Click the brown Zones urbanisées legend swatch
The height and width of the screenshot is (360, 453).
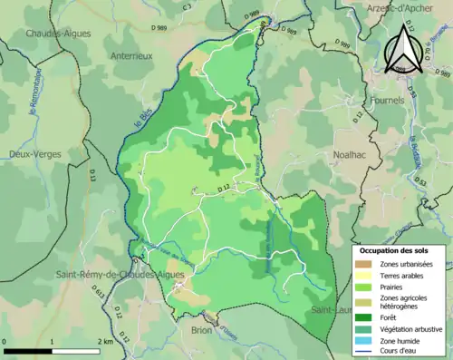(x=368, y=263)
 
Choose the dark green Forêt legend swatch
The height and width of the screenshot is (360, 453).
(x=368, y=317)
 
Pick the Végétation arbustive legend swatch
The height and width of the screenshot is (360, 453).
(x=368, y=329)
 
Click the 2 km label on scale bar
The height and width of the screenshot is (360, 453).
(x=105, y=342)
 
